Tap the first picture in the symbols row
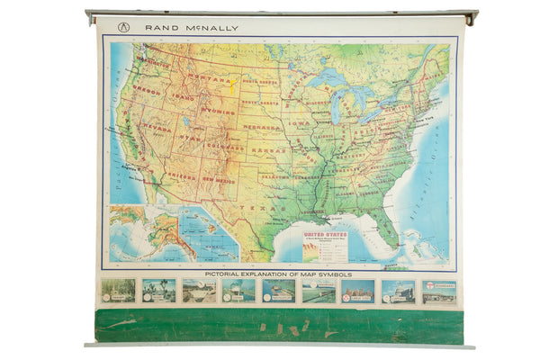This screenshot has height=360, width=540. (118, 290)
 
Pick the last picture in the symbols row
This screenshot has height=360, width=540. (439, 291)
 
